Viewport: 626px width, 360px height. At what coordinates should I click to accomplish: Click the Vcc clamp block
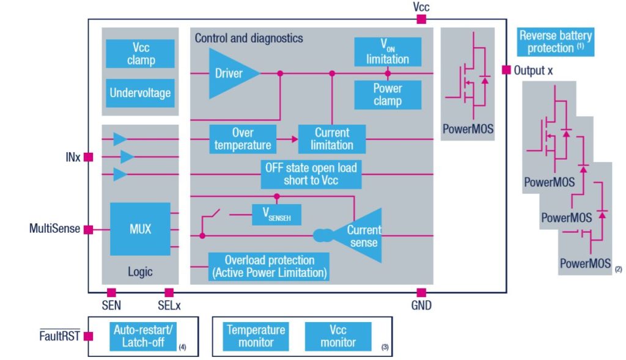pyautogui.click(x=141, y=53)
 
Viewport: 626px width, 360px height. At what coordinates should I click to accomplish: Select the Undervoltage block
pyautogui.click(x=140, y=94)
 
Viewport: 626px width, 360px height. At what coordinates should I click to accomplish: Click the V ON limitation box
pyautogui.click(x=388, y=52)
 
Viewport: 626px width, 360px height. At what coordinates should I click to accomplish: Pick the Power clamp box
pyautogui.click(x=388, y=94)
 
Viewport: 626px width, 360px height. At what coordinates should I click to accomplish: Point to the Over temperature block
pyautogui.click(x=243, y=139)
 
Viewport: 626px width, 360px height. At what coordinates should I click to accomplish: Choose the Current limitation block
pyautogui.click(x=332, y=139)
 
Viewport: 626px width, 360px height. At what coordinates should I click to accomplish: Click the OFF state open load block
pyautogui.click(x=311, y=174)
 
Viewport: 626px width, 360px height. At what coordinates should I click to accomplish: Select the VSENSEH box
pyautogui.click(x=276, y=215)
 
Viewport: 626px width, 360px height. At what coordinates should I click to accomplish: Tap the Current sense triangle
pyautogui.click(x=361, y=236)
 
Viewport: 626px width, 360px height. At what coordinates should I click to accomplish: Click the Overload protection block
pyautogui.click(x=269, y=266)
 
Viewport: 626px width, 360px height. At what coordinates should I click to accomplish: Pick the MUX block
pyautogui.click(x=140, y=229)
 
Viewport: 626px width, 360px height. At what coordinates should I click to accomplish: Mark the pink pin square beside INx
pyautogui.click(x=88, y=157)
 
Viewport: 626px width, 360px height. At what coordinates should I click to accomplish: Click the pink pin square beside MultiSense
pyautogui.click(x=88, y=230)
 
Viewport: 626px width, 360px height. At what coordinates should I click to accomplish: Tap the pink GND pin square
pyautogui.click(x=421, y=293)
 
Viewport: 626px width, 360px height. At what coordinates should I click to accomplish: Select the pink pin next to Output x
pyautogui.click(x=506, y=70)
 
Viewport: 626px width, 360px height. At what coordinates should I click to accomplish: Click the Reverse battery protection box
pyautogui.click(x=555, y=42)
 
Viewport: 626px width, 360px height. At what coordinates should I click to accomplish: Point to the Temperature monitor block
pyautogui.click(x=256, y=336)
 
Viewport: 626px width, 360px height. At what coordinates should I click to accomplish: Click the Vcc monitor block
pyautogui.click(x=338, y=336)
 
